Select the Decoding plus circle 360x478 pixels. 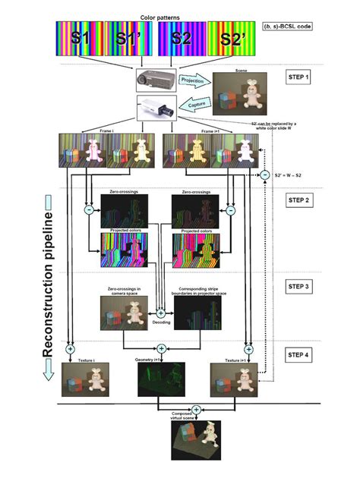coord(160,313)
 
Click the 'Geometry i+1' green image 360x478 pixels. coord(159,380)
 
